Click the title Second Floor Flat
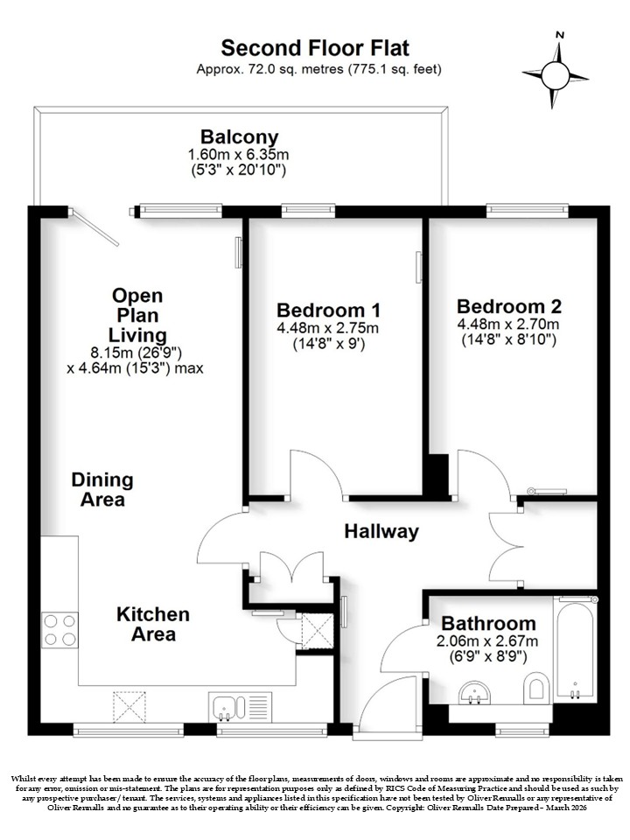[315, 47]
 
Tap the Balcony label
[240, 137]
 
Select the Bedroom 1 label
[328, 310]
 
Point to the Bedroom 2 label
[509, 306]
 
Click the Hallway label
[381, 531]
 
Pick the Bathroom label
[488, 624]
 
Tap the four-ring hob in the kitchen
[60, 630]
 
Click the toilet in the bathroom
[535, 689]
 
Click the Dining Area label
[102, 490]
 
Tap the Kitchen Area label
[153, 624]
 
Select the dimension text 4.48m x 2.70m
[507, 324]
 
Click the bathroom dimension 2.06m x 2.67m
[488, 640]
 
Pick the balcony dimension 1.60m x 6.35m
[238, 155]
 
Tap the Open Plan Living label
[137, 316]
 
